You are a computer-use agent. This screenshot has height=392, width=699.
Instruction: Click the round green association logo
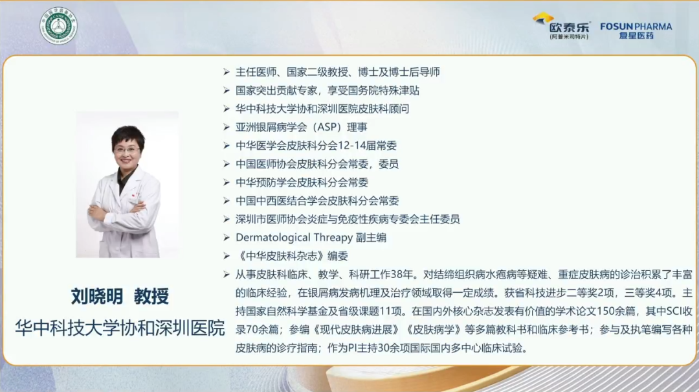pyautogui.click(x=58, y=26)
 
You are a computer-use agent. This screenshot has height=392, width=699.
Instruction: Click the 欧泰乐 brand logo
pyautogui.click(x=562, y=26)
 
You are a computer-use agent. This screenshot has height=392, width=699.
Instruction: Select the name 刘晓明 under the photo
pyautogui.click(x=96, y=296)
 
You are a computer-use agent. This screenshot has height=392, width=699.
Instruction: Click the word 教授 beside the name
pyautogui.click(x=151, y=296)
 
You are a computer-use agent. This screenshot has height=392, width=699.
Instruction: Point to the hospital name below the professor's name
pyautogui.click(x=120, y=328)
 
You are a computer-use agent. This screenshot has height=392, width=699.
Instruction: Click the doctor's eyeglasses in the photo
pyautogui.click(x=127, y=150)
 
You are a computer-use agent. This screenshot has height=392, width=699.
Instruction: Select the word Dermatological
pyautogui.click(x=272, y=237)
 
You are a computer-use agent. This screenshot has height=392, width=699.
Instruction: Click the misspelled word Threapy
pyautogui.click(x=333, y=237)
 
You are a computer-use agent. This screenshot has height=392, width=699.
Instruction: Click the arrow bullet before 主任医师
pyautogui.click(x=227, y=72)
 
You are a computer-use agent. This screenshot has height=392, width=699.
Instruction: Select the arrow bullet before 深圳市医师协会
pyautogui.click(x=227, y=219)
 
